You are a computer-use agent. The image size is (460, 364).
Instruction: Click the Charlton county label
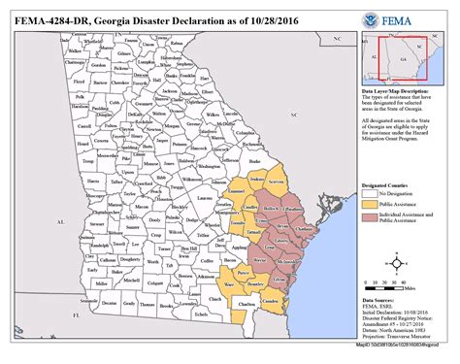pos(246,309)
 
